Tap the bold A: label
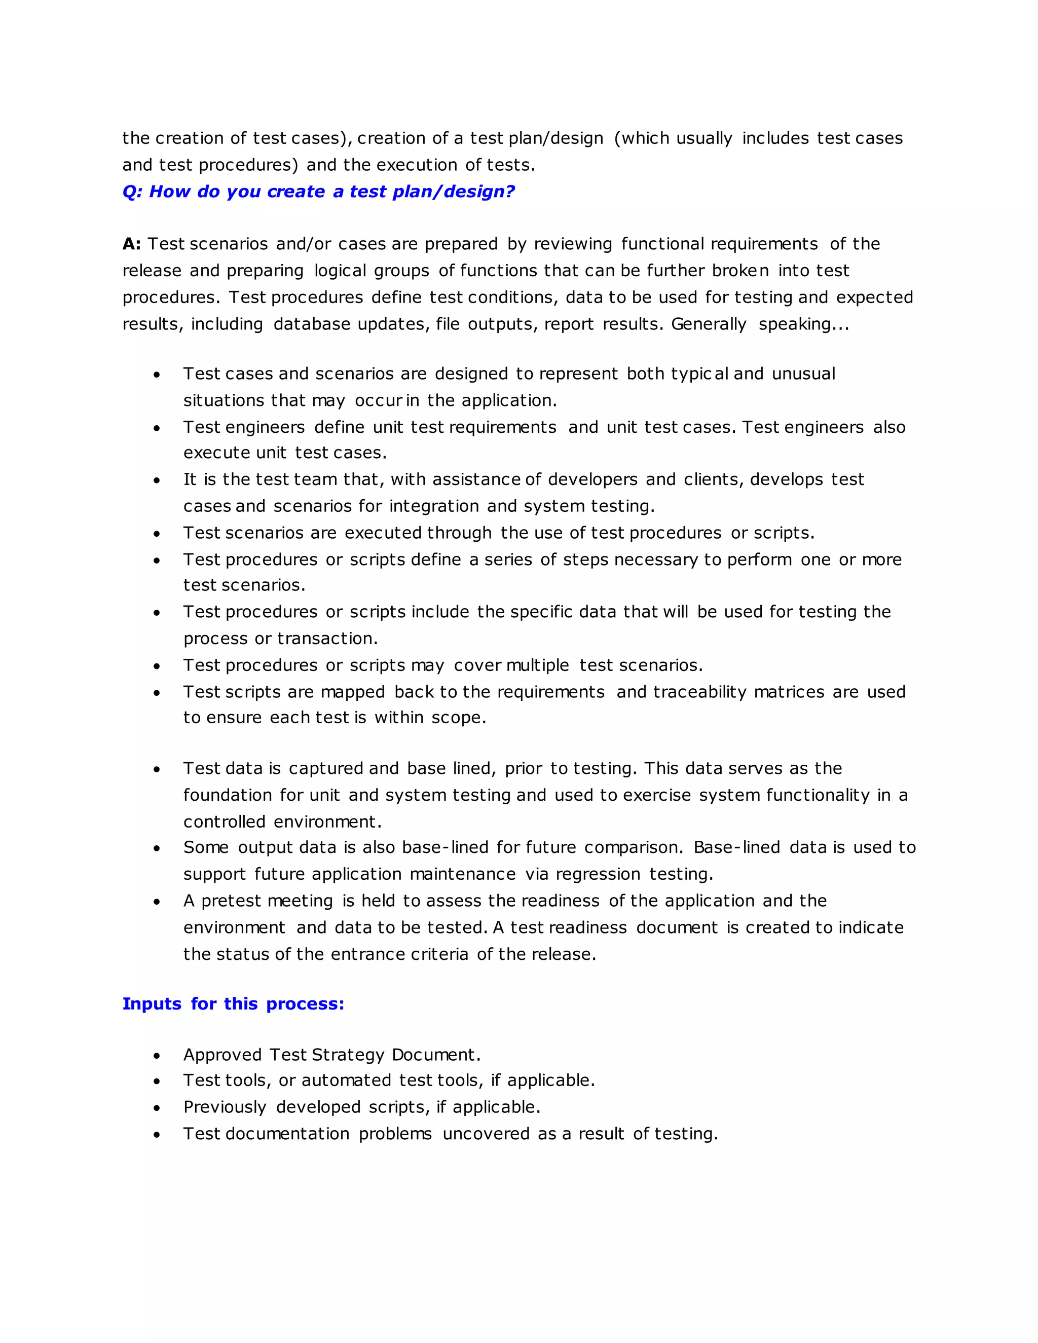pyautogui.click(x=132, y=244)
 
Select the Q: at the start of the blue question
pyautogui.click(x=132, y=192)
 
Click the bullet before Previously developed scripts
pyautogui.click(x=157, y=1108)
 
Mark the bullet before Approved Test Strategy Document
pyautogui.click(x=157, y=1056)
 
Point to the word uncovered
pyautogui.click(x=486, y=1133)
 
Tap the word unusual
pyautogui.click(x=803, y=374)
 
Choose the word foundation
pyautogui.click(x=227, y=795)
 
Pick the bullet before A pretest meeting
pyautogui.click(x=157, y=902)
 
